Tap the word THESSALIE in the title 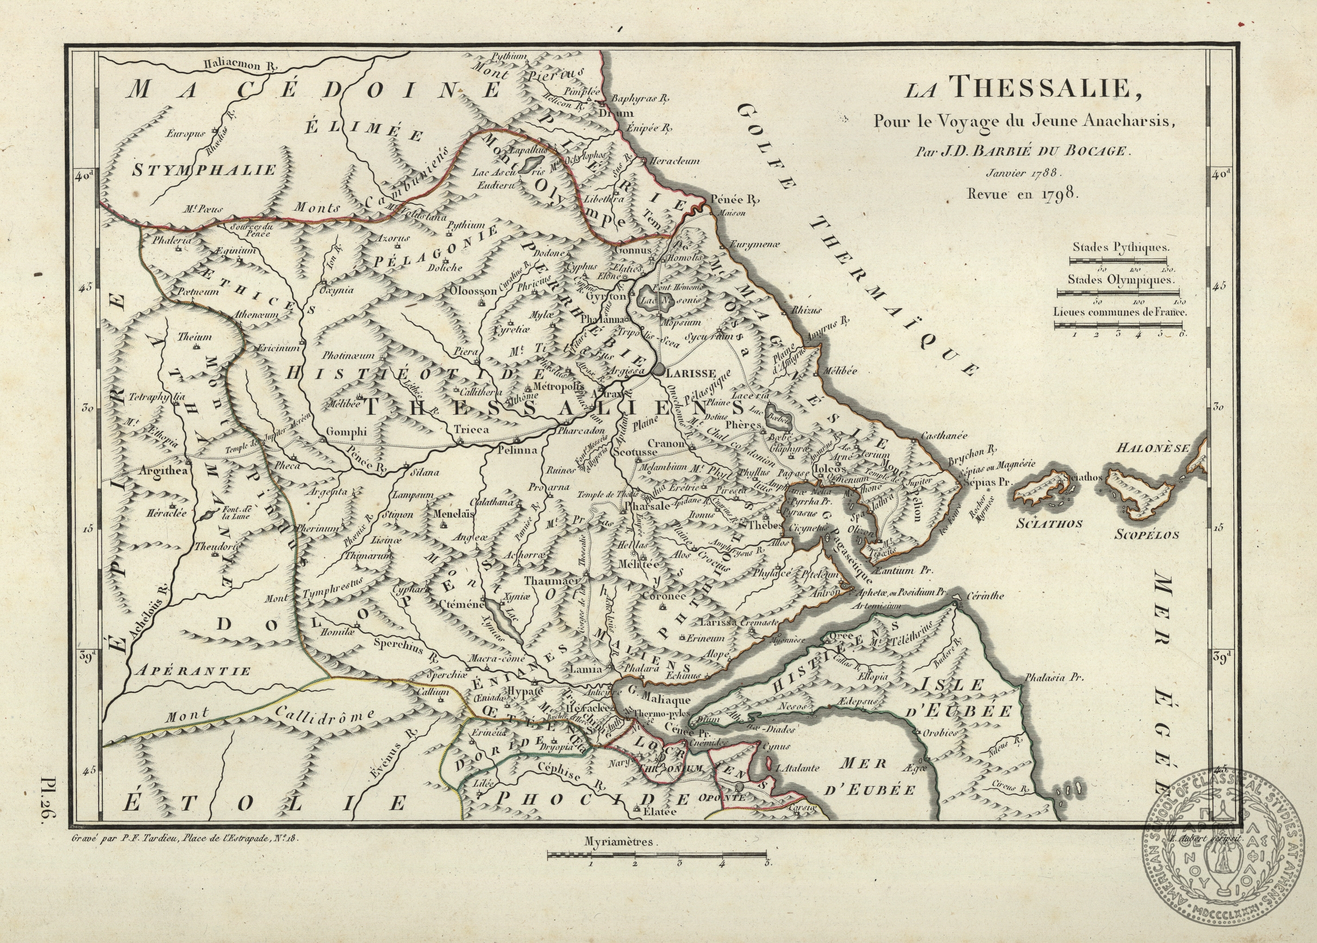[x=1041, y=90]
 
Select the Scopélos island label [x=1146, y=535]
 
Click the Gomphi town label [x=347, y=431]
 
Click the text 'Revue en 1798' [x=1023, y=194]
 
